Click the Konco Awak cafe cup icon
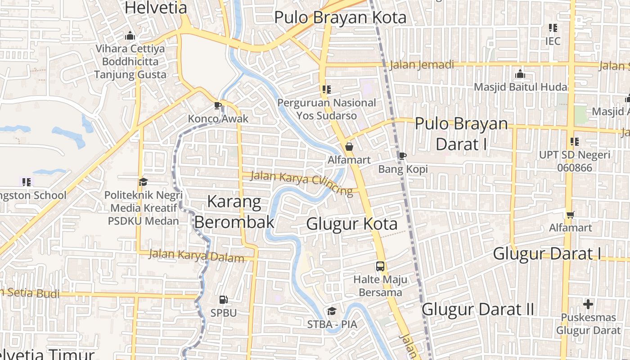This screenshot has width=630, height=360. (x=218, y=106)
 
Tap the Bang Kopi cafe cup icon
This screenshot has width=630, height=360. (x=402, y=156)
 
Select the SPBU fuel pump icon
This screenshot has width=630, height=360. (x=223, y=300)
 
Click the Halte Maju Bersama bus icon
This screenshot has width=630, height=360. (x=380, y=266)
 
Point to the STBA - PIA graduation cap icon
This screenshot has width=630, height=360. (x=332, y=311)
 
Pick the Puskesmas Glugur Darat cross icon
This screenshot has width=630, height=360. (x=588, y=304)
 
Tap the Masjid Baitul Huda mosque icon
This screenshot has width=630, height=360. (x=520, y=74)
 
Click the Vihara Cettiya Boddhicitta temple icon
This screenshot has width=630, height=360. (x=130, y=36)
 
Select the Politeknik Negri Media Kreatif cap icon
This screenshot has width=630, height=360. (x=143, y=182)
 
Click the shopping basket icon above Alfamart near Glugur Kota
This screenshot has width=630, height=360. (x=349, y=147)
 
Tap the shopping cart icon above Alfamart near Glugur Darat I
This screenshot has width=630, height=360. (x=571, y=215)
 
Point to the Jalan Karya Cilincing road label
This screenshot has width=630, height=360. (x=301, y=183)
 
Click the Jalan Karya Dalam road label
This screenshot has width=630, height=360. (x=196, y=256)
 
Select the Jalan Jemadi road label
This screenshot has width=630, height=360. (x=422, y=65)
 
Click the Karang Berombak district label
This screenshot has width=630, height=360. (x=234, y=211)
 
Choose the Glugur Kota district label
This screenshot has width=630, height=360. (x=352, y=224)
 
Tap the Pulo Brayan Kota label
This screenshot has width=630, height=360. (x=340, y=18)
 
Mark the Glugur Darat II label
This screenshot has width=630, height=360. (x=478, y=309)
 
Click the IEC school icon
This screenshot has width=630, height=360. (x=553, y=28)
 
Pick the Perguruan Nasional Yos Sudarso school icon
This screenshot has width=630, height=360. (x=326, y=90)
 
